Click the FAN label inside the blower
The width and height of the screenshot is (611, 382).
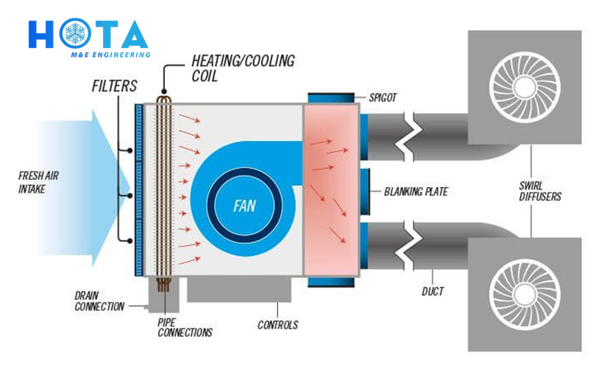[244, 206]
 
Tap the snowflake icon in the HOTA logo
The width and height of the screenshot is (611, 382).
[75, 33]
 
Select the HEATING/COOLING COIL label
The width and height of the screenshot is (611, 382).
[243, 68]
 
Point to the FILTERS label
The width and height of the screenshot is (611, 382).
[114, 86]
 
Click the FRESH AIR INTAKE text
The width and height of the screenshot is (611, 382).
[38, 182]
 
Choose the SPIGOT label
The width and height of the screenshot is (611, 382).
[383, 98]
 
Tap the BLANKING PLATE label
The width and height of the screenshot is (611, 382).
[415, 192]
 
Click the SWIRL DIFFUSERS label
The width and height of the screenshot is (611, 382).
[540, 191]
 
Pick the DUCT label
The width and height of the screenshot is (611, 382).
[432, 291]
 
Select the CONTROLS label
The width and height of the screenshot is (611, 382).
[277, 325]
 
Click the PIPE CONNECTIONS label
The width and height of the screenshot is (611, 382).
[185, 328]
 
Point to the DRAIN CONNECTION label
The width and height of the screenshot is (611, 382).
[99, 301]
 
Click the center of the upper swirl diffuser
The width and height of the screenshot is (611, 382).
[525, 87]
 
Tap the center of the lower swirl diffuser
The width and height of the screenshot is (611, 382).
[525, 294]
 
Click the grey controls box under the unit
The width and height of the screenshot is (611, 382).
[239, 290]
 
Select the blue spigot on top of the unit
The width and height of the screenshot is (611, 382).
[331, 99]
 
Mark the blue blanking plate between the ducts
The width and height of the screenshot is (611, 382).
[364, 192]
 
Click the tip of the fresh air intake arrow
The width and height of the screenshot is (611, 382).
[130, 188]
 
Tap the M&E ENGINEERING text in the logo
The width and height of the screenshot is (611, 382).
[110, 55]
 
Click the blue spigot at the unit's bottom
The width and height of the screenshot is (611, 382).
[331, 282]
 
